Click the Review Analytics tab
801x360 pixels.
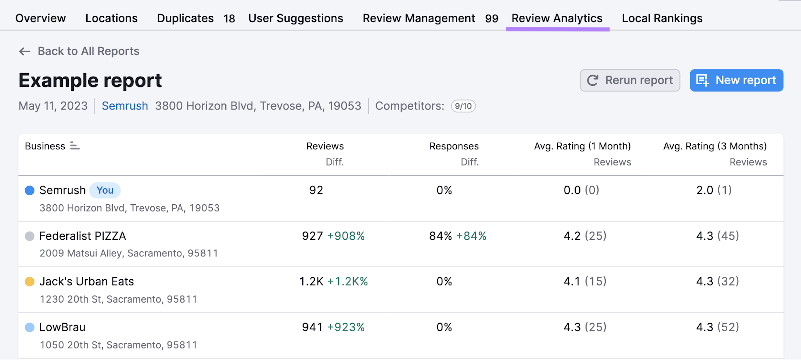coord(557,18)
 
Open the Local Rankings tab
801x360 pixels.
coord(662,18)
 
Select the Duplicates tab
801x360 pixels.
coord(185,18)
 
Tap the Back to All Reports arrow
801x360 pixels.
coord(24,51)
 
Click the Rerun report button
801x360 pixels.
coord(630,80)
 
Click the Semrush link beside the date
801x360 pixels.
coord(125,106)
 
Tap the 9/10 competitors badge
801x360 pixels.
coord(463,106)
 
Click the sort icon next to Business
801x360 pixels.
coord(75,146)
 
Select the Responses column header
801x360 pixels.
coord(454,146)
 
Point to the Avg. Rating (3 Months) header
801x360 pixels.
coord(715,146)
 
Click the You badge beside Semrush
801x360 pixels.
coord(105,190)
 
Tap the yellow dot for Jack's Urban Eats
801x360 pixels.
coord(30,282)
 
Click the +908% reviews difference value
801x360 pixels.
coord(346,236)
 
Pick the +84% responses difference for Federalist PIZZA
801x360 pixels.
coord(471,236)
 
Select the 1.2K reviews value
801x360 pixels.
coord(311,282)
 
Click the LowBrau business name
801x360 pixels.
coord(62,327)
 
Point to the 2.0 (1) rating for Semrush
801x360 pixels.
coord(714,190)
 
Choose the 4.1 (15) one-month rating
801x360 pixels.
coord(585,282)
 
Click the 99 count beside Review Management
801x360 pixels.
coord(492,19)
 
